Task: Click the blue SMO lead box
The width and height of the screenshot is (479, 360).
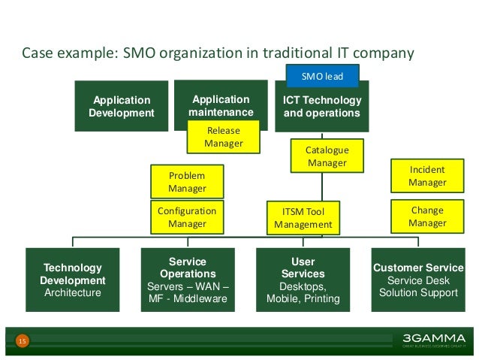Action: coord(322,76)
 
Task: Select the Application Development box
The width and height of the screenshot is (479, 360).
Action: coord(122,106)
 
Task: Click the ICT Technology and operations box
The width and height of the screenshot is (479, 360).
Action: coord(322,107)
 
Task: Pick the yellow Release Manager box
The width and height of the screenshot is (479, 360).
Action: coord(224,137)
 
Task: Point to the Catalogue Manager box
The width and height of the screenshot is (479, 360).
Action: coord(327,156)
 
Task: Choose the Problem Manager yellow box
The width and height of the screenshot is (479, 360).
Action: coord(187,182)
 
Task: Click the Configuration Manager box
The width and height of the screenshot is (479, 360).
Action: coord(187,217)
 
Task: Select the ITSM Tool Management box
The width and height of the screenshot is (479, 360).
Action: coord(303,217)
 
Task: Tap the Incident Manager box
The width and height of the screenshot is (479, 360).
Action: coord(427,176)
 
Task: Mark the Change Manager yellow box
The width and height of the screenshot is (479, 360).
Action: coord(427,216)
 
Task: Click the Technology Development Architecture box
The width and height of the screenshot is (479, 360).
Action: coord(73,280)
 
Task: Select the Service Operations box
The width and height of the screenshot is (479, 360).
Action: coord(188,280)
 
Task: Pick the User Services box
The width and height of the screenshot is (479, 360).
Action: coord(303,280)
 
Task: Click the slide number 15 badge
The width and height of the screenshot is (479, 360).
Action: coord(23,342)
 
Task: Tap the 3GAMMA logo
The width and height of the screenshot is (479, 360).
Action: coord(428,339)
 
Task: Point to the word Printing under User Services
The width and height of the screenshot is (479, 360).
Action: coord(321,299)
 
